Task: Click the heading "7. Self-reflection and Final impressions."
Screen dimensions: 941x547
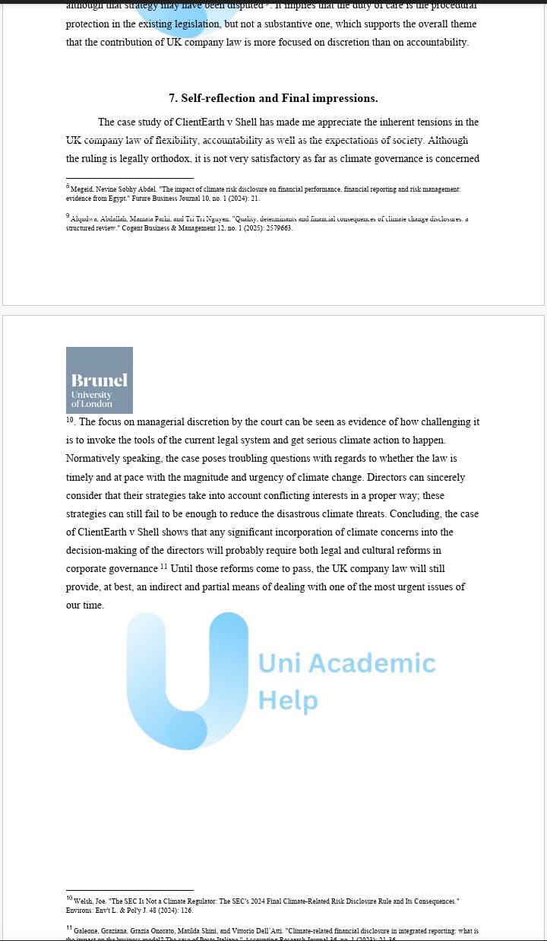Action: coord(273,98)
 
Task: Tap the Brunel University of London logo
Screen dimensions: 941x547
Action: coord(100,380)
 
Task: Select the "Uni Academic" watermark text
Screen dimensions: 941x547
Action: coord(347,663)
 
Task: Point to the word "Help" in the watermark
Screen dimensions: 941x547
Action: coord(288,700)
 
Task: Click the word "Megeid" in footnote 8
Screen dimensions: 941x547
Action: coord(83,189)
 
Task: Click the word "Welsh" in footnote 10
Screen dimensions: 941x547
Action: coord(83,901)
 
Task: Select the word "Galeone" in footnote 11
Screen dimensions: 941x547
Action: coord(87,930)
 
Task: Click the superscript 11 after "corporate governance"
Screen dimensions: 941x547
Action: coord(163,567)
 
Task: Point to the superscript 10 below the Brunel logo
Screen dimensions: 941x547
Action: coord(70,419)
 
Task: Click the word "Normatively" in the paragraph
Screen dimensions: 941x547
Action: coord(94,459)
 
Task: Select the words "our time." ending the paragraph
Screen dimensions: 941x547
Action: coord(85,606)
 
